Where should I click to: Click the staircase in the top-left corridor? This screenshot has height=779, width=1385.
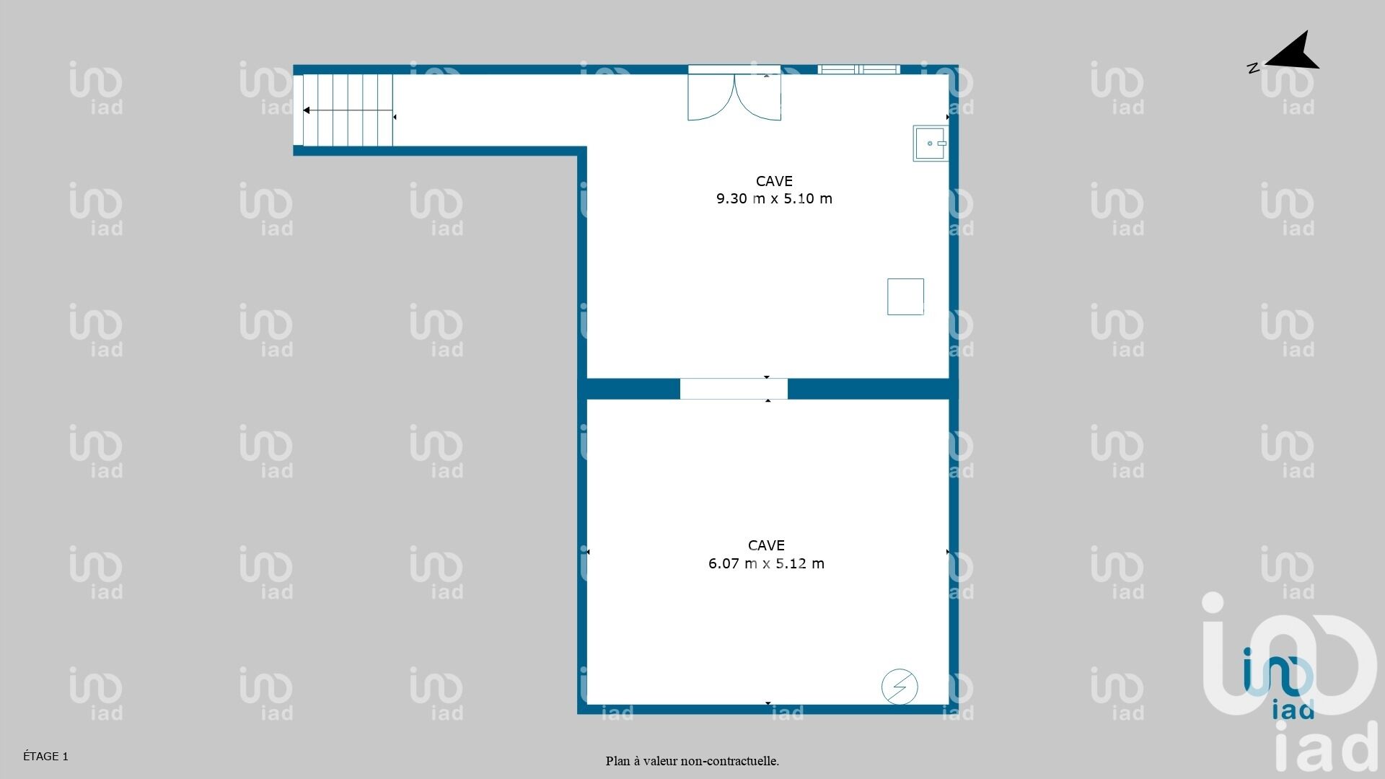pos(348,110)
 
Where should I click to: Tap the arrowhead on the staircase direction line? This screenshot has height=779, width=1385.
pos(307,110)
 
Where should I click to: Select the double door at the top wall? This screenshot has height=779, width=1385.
pos(734,94)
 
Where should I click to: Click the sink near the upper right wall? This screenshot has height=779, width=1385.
pos(931,143)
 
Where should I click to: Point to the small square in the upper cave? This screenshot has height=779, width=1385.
pos(905,296)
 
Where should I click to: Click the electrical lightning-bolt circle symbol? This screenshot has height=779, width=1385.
pos(900,687)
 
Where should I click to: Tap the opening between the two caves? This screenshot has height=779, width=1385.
pos(734,389)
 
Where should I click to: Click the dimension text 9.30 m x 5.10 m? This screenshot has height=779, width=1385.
pos(774,198)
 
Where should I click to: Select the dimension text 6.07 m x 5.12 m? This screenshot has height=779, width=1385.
pos(766,563)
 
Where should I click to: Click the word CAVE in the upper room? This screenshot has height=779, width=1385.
pos(774,181)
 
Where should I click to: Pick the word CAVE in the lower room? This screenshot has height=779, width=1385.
pos(766,545)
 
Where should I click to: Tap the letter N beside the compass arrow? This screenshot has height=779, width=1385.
pos(1253,69)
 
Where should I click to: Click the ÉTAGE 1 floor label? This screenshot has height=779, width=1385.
pos(45,756)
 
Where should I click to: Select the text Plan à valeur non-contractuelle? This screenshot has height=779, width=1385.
pos(692,761)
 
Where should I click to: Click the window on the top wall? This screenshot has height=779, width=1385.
pos(858,69)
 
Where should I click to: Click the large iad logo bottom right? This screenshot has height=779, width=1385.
pos(1290,682)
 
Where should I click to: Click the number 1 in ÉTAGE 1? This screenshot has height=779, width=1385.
pos(65,757)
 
